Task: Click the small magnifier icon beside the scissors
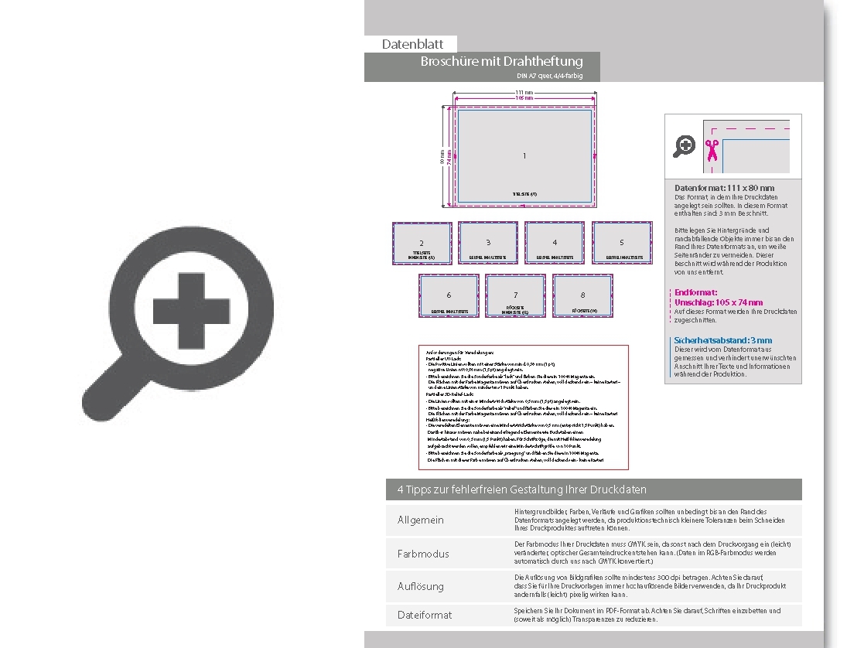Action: point(685,145)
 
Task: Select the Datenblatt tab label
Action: point(412,45)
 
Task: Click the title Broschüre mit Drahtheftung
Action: point(501,61)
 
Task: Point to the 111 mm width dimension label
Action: point(524,93)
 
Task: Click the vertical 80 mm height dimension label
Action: point(443,157)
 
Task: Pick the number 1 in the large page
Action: point(524,156)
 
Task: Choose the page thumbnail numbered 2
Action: point(422,243)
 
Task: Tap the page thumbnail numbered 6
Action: point(449,295)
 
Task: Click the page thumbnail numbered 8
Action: point(582,295)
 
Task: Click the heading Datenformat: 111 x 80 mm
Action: point(724,188)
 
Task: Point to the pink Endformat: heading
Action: point(696,292)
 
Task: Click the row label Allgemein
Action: point(421,520)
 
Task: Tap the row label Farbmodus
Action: point(423,554)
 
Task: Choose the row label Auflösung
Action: point(421,586)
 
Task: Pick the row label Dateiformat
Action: point(425,615)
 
